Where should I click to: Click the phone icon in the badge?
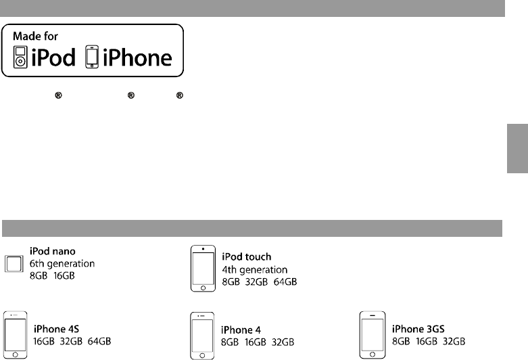[x=90, y=58]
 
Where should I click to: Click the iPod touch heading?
[x=247, y=257]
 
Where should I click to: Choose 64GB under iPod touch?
[x=285, y=280]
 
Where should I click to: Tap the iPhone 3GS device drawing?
[x=373, y=334]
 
